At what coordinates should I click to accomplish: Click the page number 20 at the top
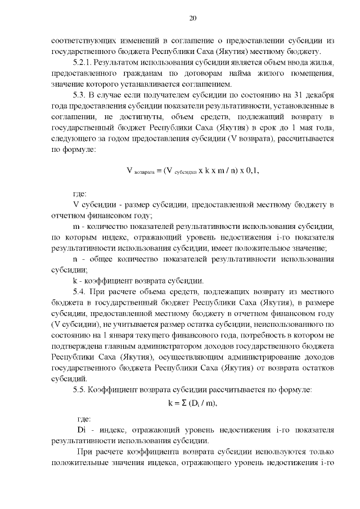pyautogui.click(x=192, y=19)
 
